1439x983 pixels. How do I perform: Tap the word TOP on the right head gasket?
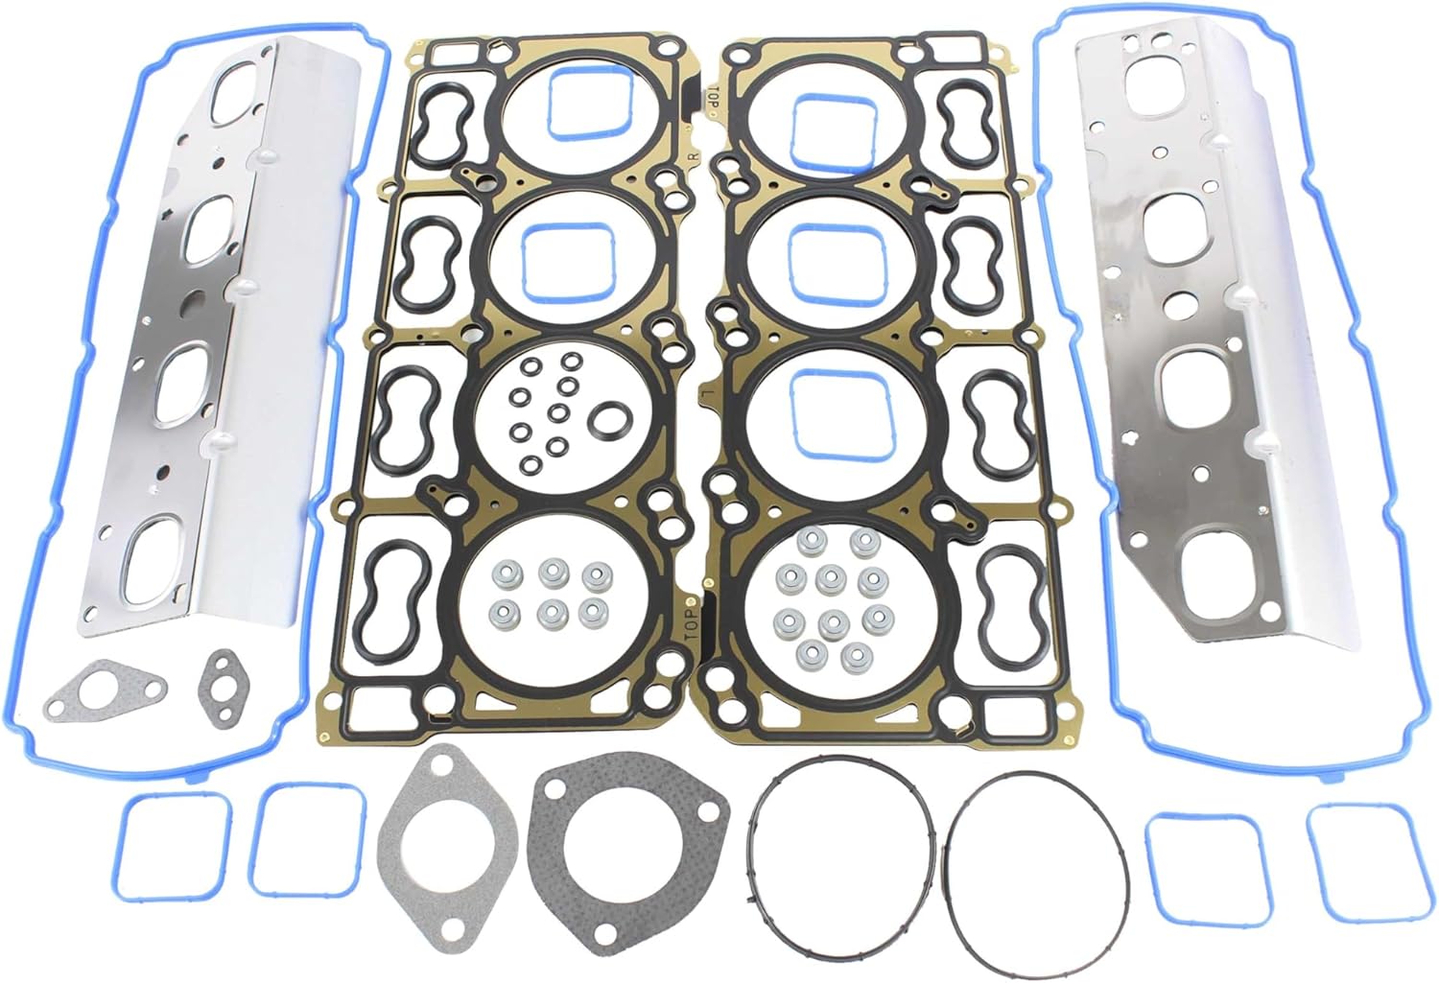[x=714, y=99]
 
